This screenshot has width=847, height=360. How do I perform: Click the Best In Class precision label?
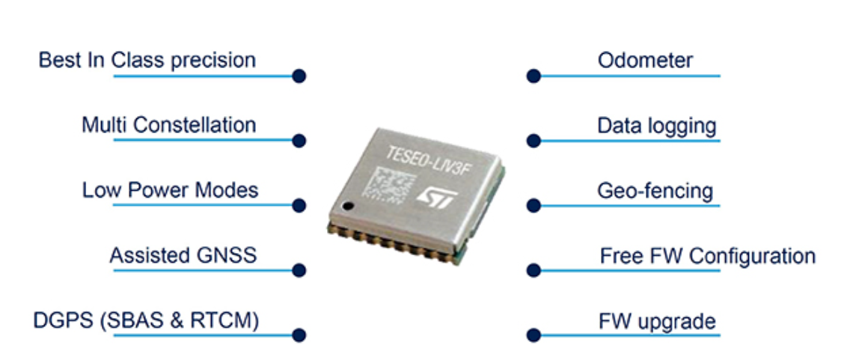point(147,60)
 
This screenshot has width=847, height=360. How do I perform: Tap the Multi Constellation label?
point(168,124)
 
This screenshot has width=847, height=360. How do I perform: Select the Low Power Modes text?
point(170,190)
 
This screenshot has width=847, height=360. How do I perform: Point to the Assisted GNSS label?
point(183,255)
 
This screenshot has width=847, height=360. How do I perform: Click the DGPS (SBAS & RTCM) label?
point(146,321)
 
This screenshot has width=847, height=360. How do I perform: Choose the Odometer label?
point(645,60)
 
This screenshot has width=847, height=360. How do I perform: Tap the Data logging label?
point(656,126)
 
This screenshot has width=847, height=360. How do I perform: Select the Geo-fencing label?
point(655,191)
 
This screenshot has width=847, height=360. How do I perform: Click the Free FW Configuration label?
point(707,256)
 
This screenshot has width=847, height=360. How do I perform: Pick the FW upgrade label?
point(657,322)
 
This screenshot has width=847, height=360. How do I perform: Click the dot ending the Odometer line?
point(533,76)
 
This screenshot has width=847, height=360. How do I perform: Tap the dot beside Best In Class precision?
point(299,76)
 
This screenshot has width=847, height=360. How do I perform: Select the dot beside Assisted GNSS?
point(299,270)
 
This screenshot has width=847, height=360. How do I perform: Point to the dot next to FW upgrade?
point(533,335)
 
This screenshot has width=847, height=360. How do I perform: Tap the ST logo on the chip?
point(431,197)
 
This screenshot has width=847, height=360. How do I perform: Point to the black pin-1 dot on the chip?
point(346,206)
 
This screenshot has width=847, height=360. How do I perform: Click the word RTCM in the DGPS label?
point(227,321)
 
